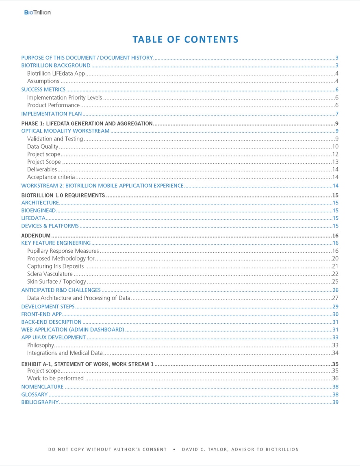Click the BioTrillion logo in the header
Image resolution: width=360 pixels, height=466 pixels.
(x=37, y=13)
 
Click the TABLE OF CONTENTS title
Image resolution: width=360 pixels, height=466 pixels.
(x=185, y=39)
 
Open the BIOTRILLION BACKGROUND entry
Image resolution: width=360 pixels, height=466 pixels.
(x=56, y=65)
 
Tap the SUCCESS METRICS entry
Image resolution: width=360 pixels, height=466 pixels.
(x=43, y=89)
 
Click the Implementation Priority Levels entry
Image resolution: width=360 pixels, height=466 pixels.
(x=64, y=98)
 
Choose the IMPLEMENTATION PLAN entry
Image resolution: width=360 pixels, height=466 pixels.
(x=51, y=114)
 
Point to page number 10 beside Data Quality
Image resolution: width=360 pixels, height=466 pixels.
(x=335, y=147)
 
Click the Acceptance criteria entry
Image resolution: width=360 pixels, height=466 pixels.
(x=51, y=177)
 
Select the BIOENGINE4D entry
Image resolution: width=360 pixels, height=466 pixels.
(x=38, y=210)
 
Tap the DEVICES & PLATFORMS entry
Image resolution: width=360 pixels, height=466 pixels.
(x=50, y=226)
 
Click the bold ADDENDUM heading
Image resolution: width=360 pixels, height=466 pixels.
(x=36, y=236)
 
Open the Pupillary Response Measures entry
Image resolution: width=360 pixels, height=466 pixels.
(x=63, y=251)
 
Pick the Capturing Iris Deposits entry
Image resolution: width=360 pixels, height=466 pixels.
(x=55, y=266)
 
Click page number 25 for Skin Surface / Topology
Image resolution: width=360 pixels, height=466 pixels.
(x=335, y=282)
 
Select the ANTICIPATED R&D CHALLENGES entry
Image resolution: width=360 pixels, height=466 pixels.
(x=61, y=290)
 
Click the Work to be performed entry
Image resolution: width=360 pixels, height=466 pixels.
(x=55, y=378)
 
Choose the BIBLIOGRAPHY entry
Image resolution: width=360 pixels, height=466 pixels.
(x=40, y=402)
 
